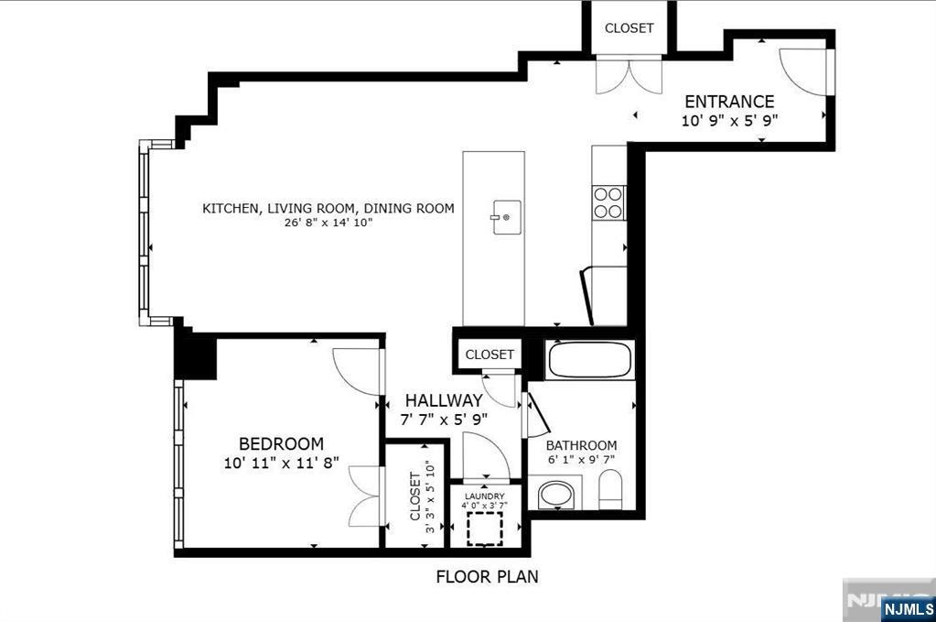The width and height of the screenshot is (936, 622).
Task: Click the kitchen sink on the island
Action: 507,217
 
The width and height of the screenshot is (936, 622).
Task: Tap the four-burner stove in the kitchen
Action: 608,202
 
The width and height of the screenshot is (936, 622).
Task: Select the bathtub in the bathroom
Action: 589,359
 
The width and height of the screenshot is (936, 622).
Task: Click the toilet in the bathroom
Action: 610,490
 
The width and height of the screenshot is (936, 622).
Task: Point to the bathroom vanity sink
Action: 555,496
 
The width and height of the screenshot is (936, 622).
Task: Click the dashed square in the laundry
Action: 485,529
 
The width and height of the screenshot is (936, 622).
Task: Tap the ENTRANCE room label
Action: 729,102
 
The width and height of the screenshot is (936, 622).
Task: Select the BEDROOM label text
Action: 281,443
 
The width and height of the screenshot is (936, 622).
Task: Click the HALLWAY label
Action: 444,400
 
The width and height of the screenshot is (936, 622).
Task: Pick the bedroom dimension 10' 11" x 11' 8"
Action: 281,464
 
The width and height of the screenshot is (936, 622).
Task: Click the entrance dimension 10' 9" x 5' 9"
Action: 729,120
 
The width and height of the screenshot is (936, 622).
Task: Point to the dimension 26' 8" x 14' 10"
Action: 328,223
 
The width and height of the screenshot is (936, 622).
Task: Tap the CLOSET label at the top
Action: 629,28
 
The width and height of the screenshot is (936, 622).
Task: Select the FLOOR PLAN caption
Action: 487,577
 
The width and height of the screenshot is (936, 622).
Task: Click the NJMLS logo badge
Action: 909,608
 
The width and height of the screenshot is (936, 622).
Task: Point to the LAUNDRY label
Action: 483,496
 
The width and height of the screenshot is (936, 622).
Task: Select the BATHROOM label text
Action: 581,446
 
